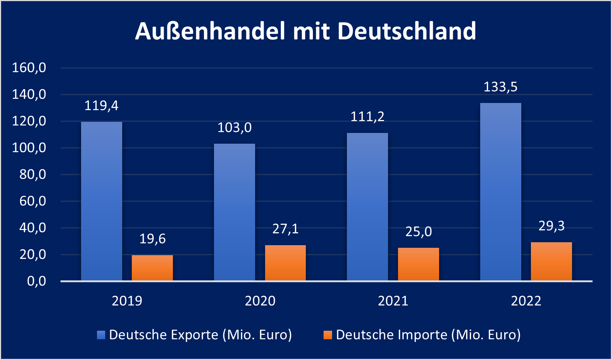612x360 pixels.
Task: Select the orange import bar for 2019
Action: click(x=152, y=268)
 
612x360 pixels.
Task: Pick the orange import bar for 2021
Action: click(x=418, y=264)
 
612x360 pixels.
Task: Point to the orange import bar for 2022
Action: click(x=551, y=261)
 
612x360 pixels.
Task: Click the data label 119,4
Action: click(x=101, y=106)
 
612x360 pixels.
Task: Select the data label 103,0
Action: click(x=234, y=128)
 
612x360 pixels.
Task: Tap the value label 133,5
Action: click(x=501, y=87)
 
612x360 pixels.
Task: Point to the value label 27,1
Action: click(x=285, y=229)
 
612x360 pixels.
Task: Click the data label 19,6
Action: click(x=152, y=239)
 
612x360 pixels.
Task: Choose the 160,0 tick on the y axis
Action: click(x=29, y=68)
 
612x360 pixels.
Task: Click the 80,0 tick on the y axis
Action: click(x=33, y=174)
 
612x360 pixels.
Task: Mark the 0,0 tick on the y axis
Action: click(x=36, y=281)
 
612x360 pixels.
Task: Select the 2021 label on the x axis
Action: click(x=393, y=301)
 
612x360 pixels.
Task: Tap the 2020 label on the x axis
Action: click(x=260, y=301)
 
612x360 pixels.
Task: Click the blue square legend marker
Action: click(x=101, y=335)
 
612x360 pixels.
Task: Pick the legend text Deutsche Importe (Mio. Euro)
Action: click(x=428, y=335)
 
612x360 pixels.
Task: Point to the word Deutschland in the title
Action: click(x=407, y=31)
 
